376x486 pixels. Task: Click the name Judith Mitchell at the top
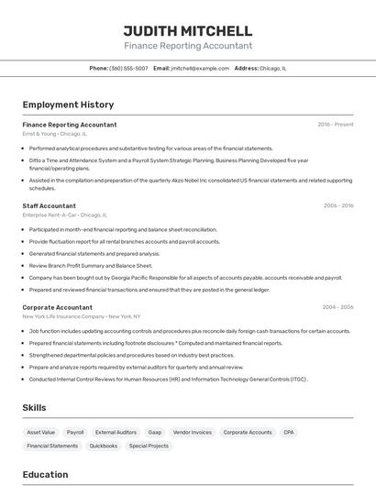tap(188, 30)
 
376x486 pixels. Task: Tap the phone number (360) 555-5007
tap(128, 68)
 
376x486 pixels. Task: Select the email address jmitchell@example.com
tap(200, 68)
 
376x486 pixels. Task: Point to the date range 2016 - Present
tap(336, 124)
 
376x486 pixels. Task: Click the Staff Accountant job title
tap(49, 205)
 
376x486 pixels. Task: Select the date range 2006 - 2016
tap(338, 205)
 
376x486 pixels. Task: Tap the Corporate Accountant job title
tap(57, 307)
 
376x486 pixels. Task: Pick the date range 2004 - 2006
tap(338, 307)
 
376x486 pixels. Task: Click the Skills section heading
tap(35, 406)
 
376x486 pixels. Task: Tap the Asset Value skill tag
tap(41, 432)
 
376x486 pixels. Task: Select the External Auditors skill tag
tap(116, 432)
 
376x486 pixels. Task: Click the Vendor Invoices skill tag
tap(193, 432)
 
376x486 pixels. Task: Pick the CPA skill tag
tap(289, 432)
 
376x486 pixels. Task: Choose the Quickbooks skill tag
tap(103, 446)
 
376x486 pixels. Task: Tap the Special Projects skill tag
tap(149, 446)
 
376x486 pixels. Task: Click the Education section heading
tap(45, 474)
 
